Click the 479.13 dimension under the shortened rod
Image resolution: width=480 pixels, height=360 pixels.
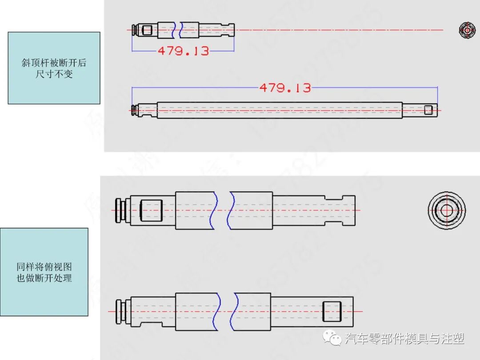[x=183, y=51]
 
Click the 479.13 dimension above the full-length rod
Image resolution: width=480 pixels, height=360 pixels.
[x=285, y=88]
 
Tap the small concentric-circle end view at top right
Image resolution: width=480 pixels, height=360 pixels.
[x=467, y=30]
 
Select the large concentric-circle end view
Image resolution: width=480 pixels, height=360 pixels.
[x=447, y=210]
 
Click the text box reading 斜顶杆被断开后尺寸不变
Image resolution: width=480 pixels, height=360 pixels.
[x=54, y=68]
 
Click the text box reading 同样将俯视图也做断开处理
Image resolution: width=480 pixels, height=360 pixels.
[x=44, y=272]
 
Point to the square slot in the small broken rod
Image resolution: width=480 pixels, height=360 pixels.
[x=147, y=30]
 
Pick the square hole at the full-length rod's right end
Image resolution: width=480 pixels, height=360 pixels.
[x=428, y=110]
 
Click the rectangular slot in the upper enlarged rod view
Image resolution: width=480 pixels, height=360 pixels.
[x=151, y=210]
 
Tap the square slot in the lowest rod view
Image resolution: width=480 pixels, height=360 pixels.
[x=331, y=311]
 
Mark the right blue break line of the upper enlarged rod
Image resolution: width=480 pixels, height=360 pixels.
[x=230, y=210]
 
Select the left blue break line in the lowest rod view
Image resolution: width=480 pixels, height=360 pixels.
[x=216, y=311]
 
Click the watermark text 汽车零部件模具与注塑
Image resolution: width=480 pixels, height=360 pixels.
[x=405, y=339]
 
